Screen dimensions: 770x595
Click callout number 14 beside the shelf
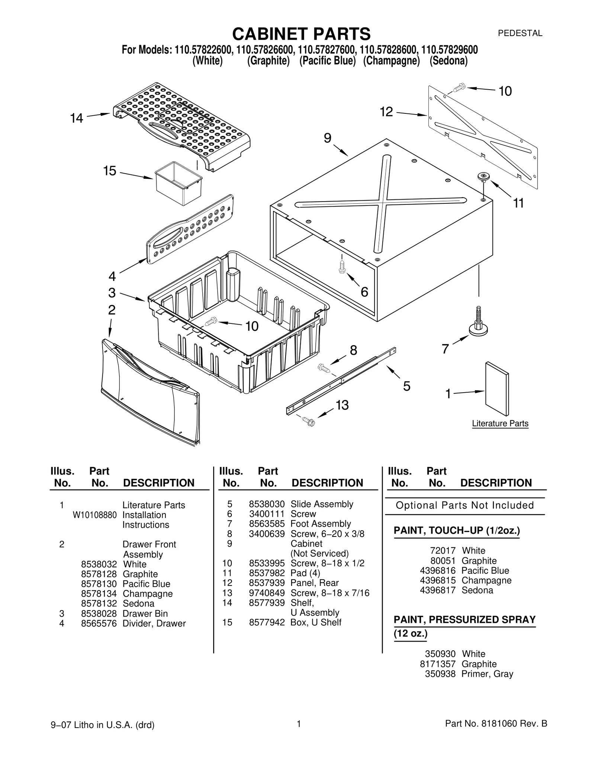[77, 118]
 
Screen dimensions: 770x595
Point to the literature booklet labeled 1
[497, 389]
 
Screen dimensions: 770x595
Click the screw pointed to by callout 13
[309, 422]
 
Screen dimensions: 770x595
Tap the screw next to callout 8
[324, 368]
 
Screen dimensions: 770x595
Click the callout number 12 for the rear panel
[386, 112]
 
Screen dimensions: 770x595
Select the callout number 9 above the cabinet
[327, 138]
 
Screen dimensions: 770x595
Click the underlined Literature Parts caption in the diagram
[500, 423]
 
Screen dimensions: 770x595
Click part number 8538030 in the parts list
[267, 504]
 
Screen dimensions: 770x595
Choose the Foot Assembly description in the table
[321, 524]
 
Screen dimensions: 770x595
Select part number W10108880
[95, 515]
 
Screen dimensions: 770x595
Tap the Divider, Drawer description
[154, 624]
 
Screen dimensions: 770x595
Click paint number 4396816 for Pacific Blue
[437, 571]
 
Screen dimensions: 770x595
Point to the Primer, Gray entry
[487, 674]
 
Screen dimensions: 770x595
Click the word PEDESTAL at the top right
[520, 33]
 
